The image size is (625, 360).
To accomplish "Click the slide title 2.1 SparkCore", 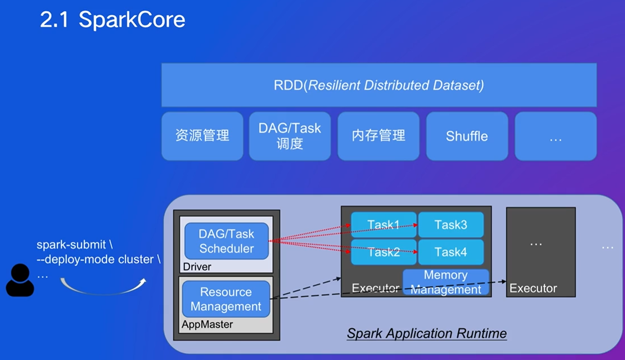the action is [x=112, y=20].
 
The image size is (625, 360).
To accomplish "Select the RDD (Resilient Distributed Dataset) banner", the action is [x=379, y=85].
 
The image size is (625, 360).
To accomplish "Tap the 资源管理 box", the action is [x=202, y=136].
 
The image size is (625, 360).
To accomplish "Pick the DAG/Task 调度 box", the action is [x=290, y=136].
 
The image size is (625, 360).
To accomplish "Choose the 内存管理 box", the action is [x=379, y=136].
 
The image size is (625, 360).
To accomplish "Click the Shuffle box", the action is [x=467, y=136].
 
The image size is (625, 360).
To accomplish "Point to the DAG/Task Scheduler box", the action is [x=227, y=241].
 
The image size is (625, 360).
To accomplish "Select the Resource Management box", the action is [x=226, y=299].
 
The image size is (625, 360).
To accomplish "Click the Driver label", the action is [x=197, y=267].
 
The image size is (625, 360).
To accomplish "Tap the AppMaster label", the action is [x=207, y=324].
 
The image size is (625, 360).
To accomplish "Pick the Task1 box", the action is [x=384, y=225].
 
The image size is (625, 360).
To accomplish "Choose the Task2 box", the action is [x=384, y=252].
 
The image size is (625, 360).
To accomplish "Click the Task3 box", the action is [x=451, y=225].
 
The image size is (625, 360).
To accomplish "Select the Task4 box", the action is [x=451, y=252].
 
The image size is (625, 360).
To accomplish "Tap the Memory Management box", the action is [x=446, y=282].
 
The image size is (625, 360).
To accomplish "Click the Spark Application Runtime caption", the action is [x=427, y=333].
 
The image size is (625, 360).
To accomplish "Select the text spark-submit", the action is [x=71, y=245].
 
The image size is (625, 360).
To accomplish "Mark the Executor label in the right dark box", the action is [x=533, y=288].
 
